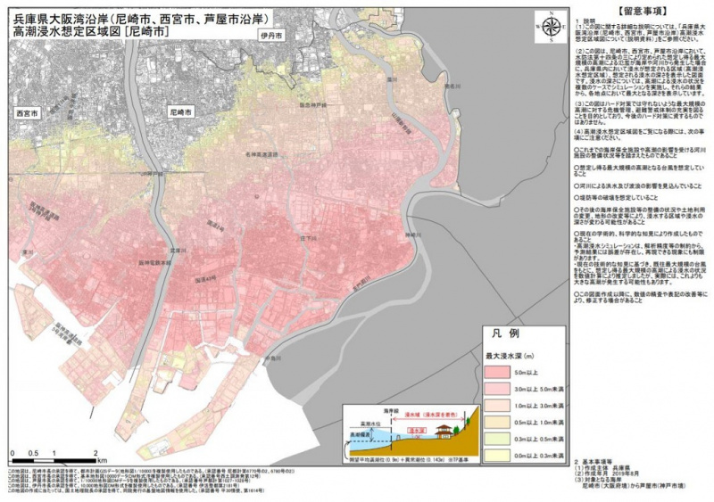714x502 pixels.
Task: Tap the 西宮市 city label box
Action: pyautogui.click(x=28, y=114)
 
